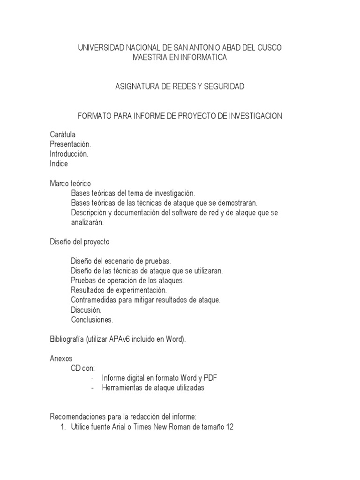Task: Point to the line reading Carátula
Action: (x=63, y=135)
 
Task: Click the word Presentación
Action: (x=70, y=144)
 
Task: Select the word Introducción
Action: (x=69, y=154)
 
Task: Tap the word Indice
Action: (x=59, y=164)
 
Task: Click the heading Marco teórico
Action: (x=70, y=183)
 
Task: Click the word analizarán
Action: (x=87, y=222)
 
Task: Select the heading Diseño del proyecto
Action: (x=80, y=242)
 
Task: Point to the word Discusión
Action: (x=86, y=310)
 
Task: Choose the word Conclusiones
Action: (x=92, y=320)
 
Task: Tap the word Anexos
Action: (x=61, y=359)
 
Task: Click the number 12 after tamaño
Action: (x=229, y=427)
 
